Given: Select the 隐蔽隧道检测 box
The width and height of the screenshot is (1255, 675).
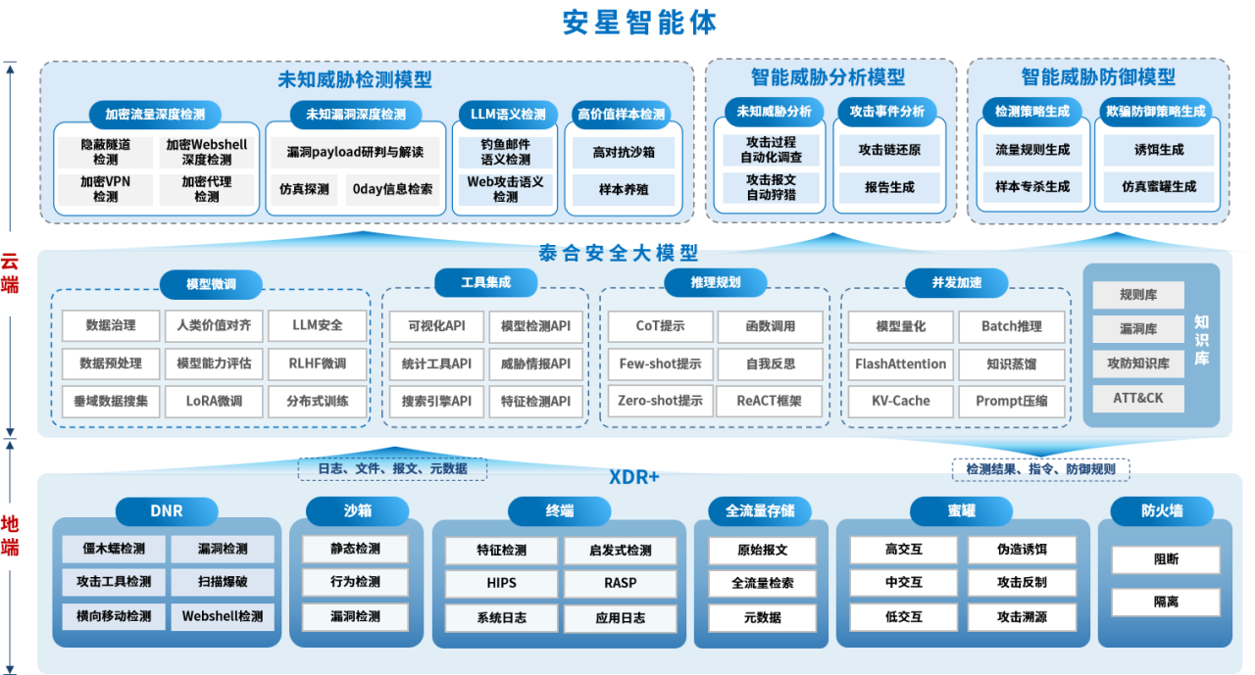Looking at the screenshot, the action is (105, 152).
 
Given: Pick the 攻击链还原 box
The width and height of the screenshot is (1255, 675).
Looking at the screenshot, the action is (889, 150).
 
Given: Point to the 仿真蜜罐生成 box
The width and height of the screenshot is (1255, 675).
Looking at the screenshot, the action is (1159, 186).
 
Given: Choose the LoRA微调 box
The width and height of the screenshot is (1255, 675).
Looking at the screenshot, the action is (214, 401).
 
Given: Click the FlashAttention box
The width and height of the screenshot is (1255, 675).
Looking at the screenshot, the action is (901, 363).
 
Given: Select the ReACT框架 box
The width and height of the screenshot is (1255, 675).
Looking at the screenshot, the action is (770, 401).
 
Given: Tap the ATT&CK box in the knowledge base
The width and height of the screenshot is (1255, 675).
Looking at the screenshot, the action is (1138, 399).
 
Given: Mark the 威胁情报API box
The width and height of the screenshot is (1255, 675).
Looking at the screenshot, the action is (535, 363).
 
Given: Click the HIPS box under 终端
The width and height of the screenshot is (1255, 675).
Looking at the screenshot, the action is (501, 582).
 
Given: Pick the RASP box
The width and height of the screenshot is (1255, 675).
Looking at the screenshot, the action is (620, 582).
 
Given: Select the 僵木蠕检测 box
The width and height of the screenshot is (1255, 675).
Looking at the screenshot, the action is (114, 549).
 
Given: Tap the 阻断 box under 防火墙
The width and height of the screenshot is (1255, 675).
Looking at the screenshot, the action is (1166, 559).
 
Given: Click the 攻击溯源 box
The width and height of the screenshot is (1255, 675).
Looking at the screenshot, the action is (1022, 617).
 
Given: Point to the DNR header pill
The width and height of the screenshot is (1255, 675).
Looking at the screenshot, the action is (167, 510).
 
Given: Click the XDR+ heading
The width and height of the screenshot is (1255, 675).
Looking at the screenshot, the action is (633, 477).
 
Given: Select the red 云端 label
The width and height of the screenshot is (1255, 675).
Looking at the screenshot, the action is (10, 273).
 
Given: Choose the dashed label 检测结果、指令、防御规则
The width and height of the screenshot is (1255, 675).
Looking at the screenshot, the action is (1040, 469).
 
